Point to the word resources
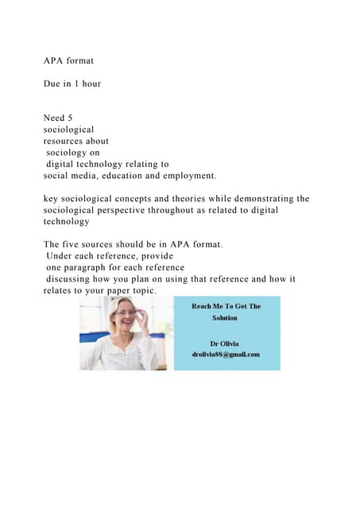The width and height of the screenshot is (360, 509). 66,141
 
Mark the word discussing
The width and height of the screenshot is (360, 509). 70,279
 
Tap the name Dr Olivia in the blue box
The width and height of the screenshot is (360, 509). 226,343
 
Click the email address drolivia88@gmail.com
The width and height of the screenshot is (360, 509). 226,354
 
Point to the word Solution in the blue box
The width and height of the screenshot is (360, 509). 225,317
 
